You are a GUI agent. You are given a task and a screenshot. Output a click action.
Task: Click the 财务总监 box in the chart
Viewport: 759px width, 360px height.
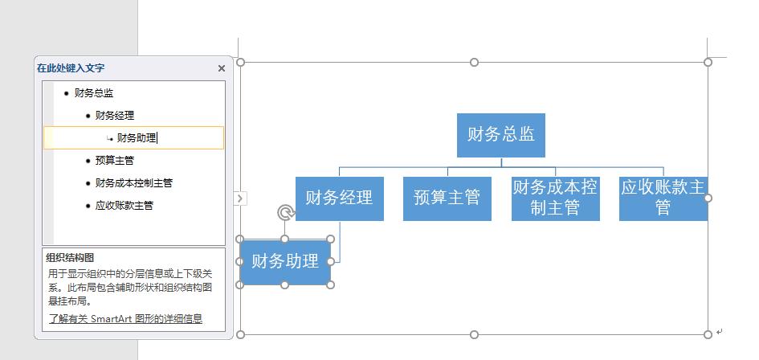[x=501, y=135]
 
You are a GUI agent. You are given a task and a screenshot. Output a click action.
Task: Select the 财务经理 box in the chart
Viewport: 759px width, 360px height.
[x=339, y=198]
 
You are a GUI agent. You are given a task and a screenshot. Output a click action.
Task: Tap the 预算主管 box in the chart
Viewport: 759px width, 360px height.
[x=447, y=198]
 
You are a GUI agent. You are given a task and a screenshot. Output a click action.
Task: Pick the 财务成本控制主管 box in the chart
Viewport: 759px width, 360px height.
[x=554, y=198]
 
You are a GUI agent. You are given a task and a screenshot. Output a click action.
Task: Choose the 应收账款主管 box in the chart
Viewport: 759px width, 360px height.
[x=663, y=198]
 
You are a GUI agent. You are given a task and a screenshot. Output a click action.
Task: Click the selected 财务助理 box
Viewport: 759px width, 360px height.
[x=285, y=262]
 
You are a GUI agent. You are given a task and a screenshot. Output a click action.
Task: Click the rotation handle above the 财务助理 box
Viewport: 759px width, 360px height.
[x=285, y=212]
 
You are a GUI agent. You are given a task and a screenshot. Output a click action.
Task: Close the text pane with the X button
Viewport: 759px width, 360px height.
[x=222, y=68]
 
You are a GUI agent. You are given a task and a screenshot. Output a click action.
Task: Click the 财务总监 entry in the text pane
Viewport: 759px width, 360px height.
[x=94, y=93]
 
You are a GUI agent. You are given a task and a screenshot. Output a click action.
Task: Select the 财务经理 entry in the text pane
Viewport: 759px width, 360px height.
[x=115, y=116]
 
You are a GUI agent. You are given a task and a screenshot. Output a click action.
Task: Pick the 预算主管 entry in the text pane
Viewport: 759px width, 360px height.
[x=115, y=161]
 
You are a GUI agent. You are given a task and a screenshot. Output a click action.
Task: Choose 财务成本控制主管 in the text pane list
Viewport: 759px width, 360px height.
[x=133, y=183]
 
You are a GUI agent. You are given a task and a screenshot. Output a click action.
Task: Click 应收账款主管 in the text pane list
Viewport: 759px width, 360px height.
[x=124, y=206]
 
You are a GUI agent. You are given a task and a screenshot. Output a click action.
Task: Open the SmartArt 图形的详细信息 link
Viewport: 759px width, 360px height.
[x=124, y=319]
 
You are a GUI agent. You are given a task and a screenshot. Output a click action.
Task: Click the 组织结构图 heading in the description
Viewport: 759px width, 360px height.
[x=70, y=258]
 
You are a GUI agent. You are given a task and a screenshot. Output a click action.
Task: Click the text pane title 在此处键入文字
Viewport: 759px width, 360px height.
[x=71, y=68]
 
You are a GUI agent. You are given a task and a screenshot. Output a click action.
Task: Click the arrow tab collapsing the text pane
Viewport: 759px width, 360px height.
[x=240, y=198]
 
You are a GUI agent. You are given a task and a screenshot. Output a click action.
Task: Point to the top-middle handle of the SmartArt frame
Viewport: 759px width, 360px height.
[x=474, y=62]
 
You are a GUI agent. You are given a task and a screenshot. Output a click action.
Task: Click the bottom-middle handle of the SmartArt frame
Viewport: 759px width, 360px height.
[x=474, y=334]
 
